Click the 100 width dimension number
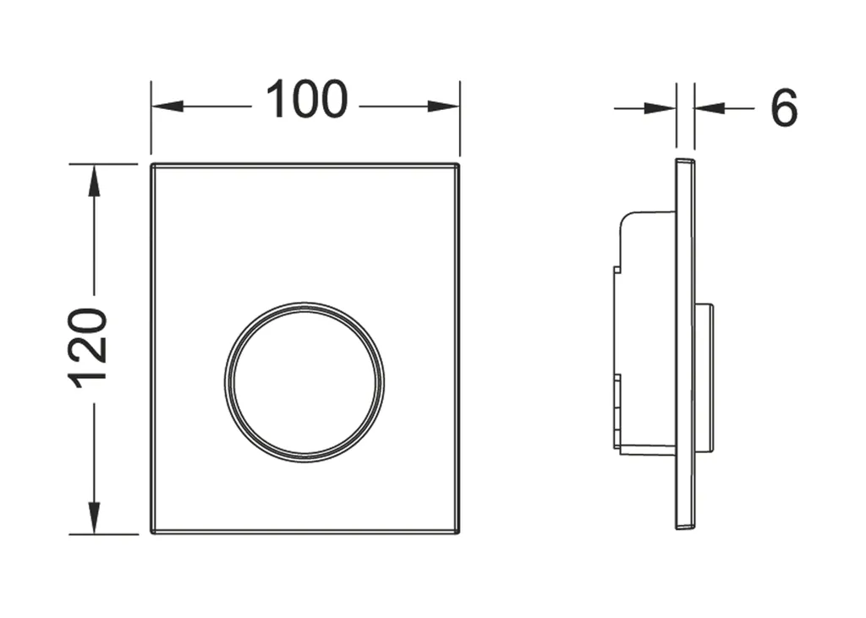point(306,101)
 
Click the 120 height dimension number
point(90,348)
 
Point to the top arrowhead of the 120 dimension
point(93,180)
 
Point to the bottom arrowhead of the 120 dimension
point(93,518)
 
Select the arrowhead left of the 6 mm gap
point(660,108)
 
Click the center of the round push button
point(304,381)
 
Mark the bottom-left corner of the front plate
point(153,532)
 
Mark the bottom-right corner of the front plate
point(458,532)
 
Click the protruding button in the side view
point(704,377)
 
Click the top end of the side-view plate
point(685,161)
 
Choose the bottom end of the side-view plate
point(685,527)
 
